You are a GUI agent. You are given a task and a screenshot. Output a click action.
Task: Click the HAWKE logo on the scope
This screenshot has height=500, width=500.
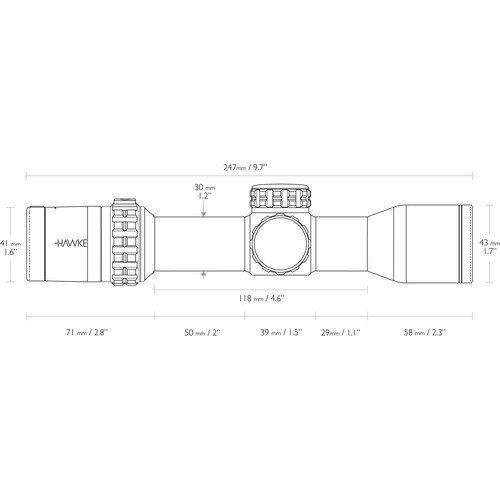(x=71, y=243)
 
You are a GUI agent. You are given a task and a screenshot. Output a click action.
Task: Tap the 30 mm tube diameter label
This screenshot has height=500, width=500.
(x=203, y=191)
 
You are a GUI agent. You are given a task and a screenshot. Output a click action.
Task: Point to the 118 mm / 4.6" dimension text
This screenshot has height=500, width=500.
(x=261, y=298)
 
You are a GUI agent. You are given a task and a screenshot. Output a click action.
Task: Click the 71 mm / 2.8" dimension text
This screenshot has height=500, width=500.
(x=87, y=332)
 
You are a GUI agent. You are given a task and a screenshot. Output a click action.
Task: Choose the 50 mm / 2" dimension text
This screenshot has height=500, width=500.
(x=203, y=332)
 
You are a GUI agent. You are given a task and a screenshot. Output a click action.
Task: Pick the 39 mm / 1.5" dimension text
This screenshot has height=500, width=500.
(x=281, y=332)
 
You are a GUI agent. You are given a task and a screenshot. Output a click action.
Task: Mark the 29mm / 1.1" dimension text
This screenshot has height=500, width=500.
(x=341, y=332)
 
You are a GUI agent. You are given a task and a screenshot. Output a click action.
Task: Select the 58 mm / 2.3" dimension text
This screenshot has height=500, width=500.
(x=425, y=332)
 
